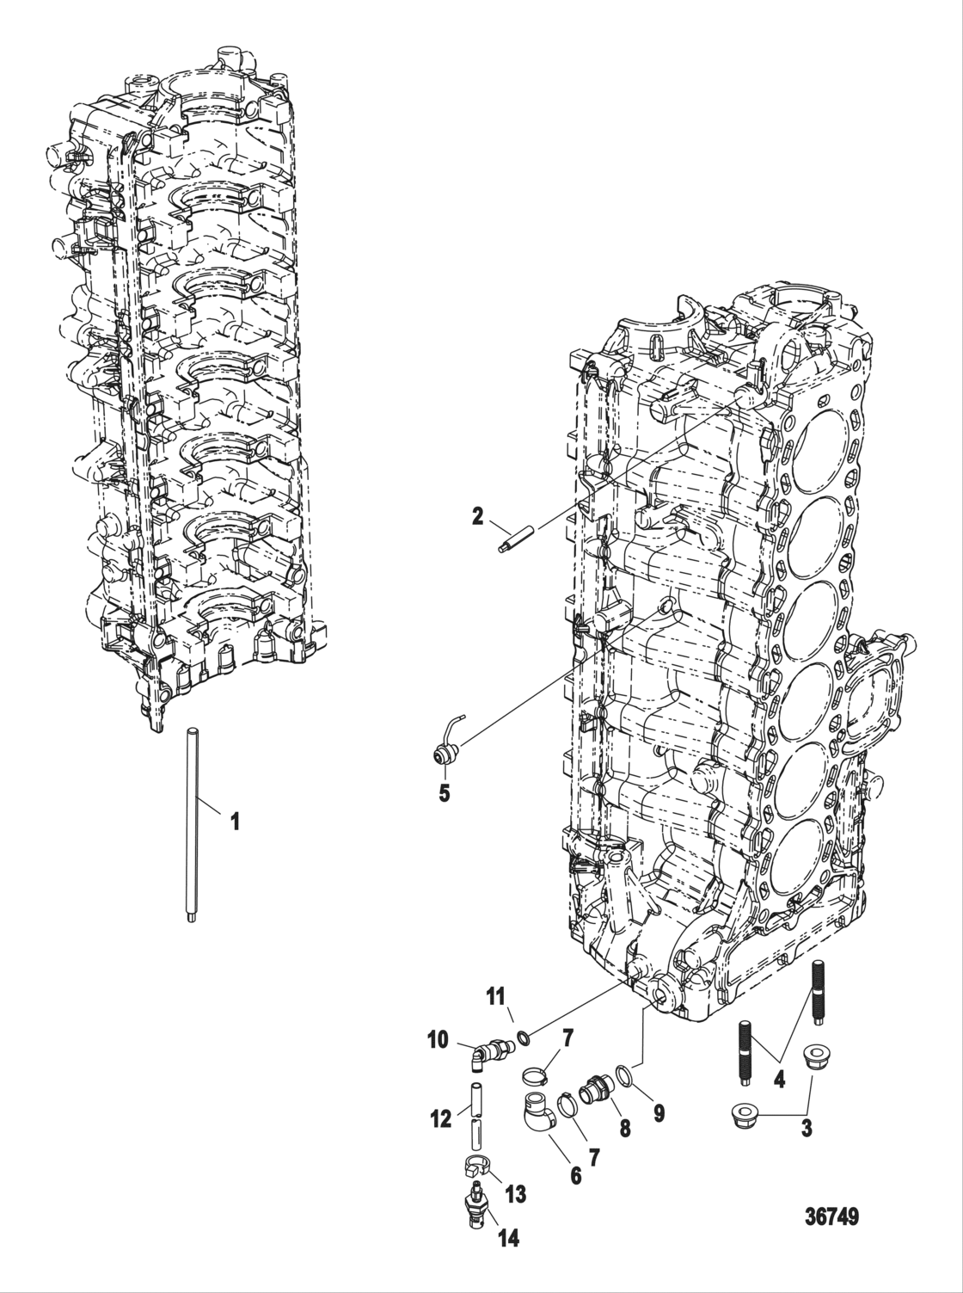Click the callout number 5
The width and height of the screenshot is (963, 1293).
445,793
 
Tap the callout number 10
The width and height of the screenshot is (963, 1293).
438,1040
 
